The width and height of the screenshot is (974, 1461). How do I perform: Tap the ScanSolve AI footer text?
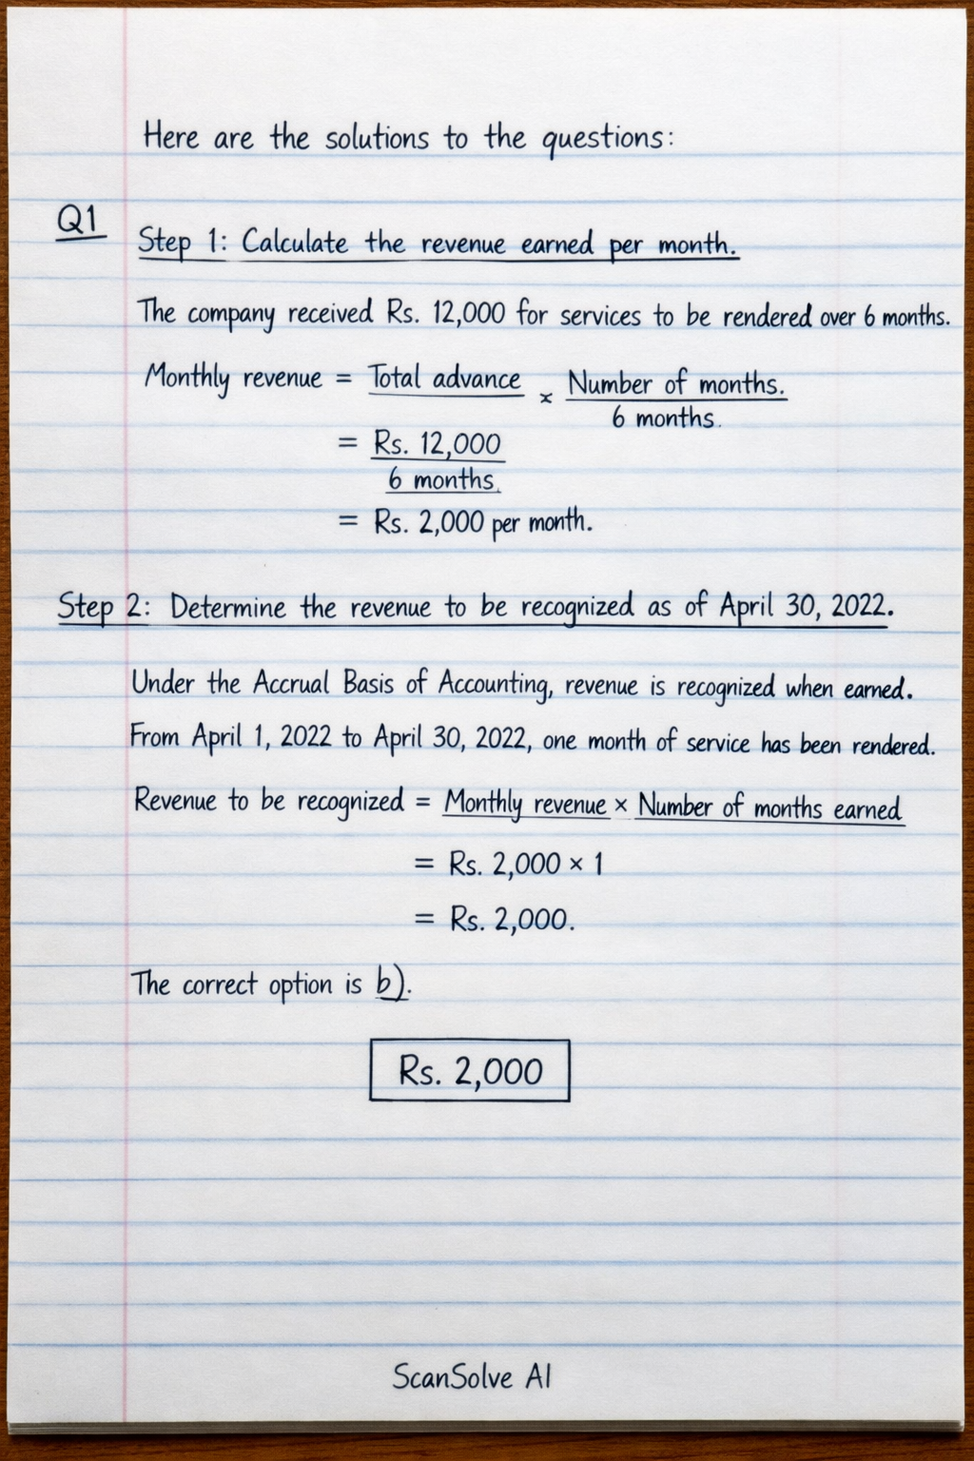click(472, 1376)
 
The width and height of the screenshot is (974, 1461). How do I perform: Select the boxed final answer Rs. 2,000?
click(470, 1071)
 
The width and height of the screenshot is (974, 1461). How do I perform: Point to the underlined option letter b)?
click(392, 984)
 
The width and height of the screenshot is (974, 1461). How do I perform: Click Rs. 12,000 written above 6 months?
click(438, 443)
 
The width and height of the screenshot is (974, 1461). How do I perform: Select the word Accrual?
click(291, 683)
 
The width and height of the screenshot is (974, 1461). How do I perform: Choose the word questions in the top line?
click(601, 139)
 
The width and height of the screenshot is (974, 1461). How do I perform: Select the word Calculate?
click(295, 243)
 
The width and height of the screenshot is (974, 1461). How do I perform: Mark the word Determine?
click(228, 607)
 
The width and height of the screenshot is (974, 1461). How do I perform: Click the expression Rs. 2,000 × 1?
click(526, 864)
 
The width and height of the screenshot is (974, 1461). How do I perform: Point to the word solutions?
click(378, 139)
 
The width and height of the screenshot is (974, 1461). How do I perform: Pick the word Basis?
click(365, 683)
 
